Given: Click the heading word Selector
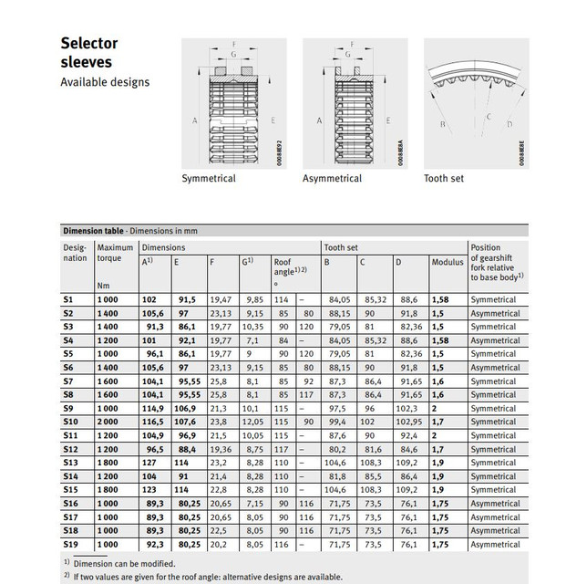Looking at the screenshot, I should (x=88, y=43).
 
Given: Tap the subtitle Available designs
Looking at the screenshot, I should (x=105, y=82).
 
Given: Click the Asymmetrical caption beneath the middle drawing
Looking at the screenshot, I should (x=333, y=178).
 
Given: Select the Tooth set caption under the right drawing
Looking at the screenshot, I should (x=444, y=178).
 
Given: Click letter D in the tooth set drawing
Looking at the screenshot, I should (x=509, y=124).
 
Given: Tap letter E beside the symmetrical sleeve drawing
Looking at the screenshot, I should (x=271, y=120).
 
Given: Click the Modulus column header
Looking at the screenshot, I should (x=447, y=262).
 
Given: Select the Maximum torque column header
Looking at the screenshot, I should (x=115, y=253).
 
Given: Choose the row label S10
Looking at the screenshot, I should (x=70, y=423).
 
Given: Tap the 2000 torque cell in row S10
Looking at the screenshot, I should (x=108, y=423).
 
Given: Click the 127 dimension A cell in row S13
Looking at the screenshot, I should (x=149, y=464).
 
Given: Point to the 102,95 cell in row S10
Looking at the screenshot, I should (x=412, y=423).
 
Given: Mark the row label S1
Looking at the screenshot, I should (x=67, y=299).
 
